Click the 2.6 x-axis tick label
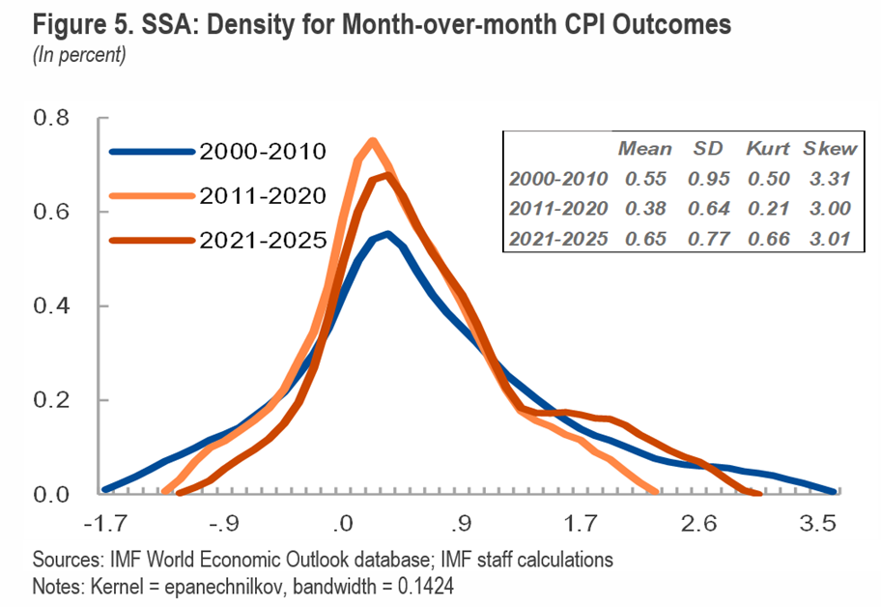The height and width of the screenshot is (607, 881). (698, 525)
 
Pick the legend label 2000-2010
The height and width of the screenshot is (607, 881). (263, 151)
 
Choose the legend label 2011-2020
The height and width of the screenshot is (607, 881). (263, 196)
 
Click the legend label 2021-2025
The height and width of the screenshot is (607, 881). (263, 241)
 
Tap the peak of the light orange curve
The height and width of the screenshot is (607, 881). (372, 141)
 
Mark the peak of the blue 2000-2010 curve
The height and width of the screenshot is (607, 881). (387, 234)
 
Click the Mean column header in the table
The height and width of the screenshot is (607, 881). (644, 149)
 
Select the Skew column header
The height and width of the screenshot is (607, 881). (831, 149)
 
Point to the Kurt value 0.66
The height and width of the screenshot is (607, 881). (768, 237)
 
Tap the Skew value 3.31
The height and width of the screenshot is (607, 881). (831, 178)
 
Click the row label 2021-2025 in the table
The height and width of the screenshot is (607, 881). (558, 237)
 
